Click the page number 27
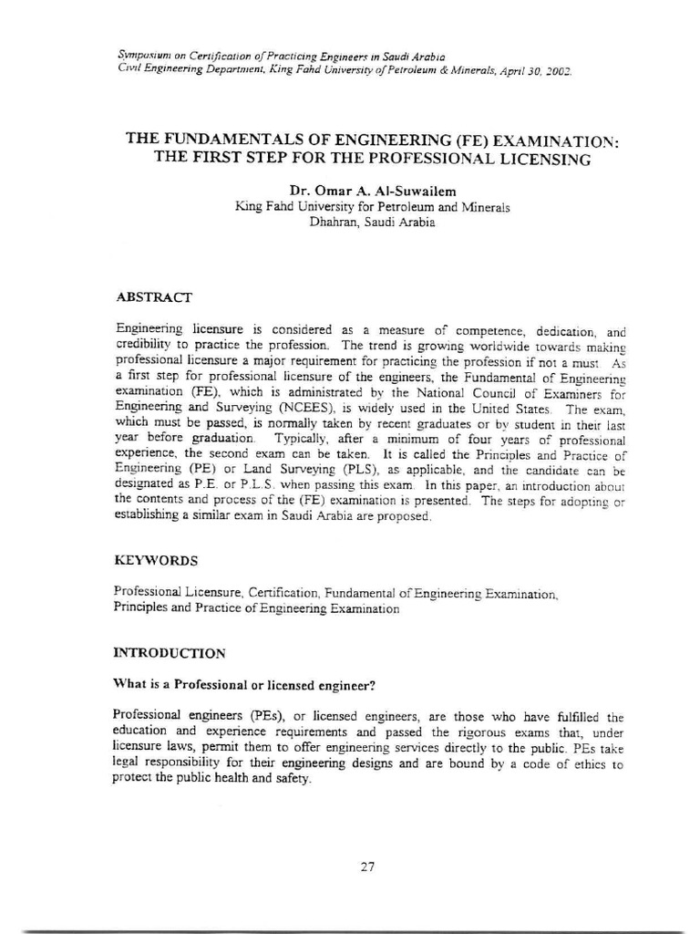367,867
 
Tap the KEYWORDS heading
155,559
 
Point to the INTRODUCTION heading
169,653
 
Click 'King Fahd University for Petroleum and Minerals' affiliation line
372,206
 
